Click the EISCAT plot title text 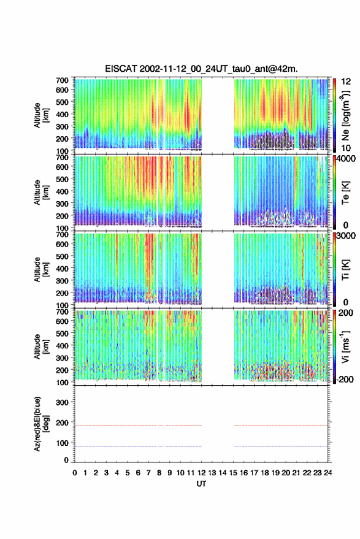click(201, 69)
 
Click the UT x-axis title click(201, 484)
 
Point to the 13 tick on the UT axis click(212, 473)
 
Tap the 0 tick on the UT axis click(75, 473)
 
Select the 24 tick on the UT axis click(328, 473)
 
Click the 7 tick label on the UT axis click(148, 473)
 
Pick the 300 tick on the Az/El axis click(62, 402)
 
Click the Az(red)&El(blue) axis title click(41, 424)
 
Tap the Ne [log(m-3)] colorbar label click(345, 115)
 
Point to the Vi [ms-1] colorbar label click(345, 346)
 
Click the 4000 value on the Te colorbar click(345, 159)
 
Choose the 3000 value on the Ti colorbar click(346, 236)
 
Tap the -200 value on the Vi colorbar click(345, 380)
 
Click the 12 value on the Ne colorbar click(346, 82)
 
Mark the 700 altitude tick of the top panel click(62, 80)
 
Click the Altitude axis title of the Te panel click(41, 192)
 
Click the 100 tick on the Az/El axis click(62, 443)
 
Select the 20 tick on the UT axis click(286, 473)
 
